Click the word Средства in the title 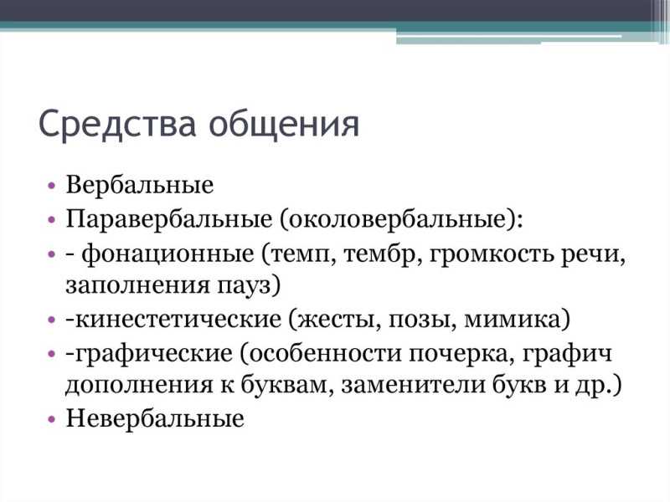coord(117,124)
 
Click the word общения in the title coord(284,125)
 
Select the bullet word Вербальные coord(140,185)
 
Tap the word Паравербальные coord(169,219)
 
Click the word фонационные coord(168,255)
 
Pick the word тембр coord(380,255)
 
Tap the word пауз coord(249,285)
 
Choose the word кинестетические coord(178,320)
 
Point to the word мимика coord(517,320)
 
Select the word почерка coord(462,354)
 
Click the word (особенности coord(322,354)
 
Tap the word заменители coord(414,385)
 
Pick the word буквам coord(286,384)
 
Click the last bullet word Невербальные coord(155,418)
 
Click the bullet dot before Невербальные coord(52,420)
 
